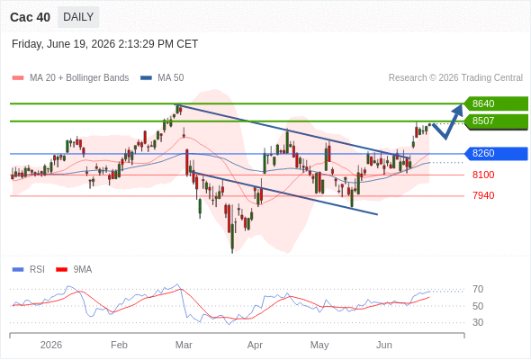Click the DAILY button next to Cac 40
[78, 17]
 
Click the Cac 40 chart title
[30, 17]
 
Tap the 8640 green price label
[495, 103]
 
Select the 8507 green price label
[495, 121]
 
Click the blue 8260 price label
[495, 153]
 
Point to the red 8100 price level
[483, 175]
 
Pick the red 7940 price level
[483, 195]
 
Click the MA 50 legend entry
[162, 78]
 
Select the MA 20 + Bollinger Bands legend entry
[70, 78]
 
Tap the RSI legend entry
[29, 270]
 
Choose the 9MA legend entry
[74, 270]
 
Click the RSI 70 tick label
[478, 289]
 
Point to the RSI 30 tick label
[478, 322]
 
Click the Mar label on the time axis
[184, 345]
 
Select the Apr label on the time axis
[255, 345]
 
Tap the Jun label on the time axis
[384, 345]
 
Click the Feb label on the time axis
[119, 345]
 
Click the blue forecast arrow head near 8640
[458, 109]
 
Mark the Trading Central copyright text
[455, 78]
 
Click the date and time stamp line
[104, 44]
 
